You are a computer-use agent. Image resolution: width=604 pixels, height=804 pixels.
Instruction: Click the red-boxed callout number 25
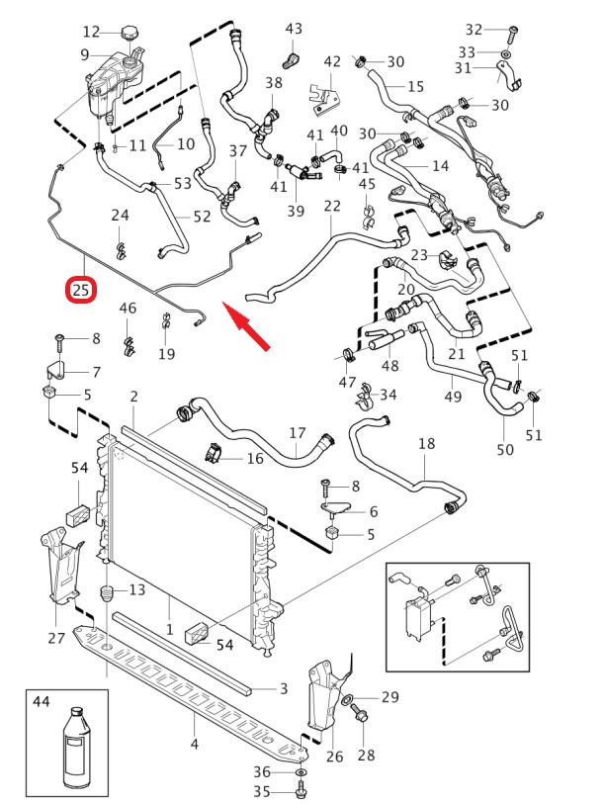(80, 290)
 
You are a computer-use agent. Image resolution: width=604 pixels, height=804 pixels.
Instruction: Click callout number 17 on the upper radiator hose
(298, 432)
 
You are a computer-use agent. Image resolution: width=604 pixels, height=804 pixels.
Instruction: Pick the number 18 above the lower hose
(426, 444)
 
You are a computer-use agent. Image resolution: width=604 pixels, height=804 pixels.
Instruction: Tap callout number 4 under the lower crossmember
(194, 744)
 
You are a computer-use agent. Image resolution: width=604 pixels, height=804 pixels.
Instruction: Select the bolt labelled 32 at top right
(511, 31)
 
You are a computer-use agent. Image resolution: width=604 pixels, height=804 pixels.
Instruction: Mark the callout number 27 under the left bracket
(56, 638)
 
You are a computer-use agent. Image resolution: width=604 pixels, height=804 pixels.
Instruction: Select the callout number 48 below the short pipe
(390, 366)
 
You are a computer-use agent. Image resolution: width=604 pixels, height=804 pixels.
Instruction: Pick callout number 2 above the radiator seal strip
(133, 397)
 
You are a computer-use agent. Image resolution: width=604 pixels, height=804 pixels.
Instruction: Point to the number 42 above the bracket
(332, 62)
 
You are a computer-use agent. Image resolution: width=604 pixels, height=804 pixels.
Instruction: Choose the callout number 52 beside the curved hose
(202, 216)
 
